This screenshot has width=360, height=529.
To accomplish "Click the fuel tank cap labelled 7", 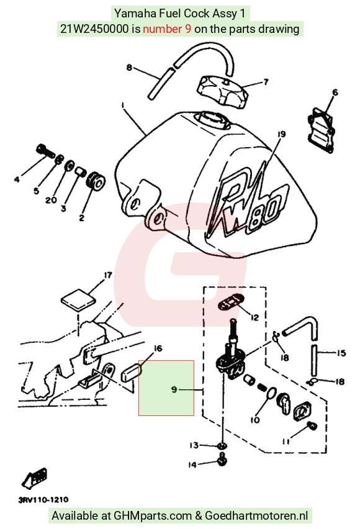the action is pos(223,91).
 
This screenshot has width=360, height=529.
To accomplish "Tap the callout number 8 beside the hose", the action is pos(129,68).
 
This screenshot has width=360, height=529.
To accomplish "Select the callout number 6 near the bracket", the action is pos(335,92).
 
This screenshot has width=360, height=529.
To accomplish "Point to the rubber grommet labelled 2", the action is pos(96,181).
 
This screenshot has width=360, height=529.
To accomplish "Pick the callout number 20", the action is pos(51,200).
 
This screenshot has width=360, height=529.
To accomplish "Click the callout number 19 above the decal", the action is pos(281,134).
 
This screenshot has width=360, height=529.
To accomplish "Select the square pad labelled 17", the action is pos(78,299).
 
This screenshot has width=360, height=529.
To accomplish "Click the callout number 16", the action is pos(158,348).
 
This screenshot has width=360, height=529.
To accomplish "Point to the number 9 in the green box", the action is pos(174,389).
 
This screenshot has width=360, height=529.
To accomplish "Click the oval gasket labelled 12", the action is pos(230,300).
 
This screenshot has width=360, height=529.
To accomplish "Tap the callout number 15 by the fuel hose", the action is pos(341,353).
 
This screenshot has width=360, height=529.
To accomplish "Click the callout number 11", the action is pos(286,441).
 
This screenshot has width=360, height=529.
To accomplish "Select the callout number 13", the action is pos(194,445).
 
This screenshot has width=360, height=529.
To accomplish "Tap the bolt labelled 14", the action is pos(222,459).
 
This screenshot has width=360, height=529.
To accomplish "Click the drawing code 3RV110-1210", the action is pos(43,500).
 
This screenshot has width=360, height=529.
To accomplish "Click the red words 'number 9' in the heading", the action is pos(167,29).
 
